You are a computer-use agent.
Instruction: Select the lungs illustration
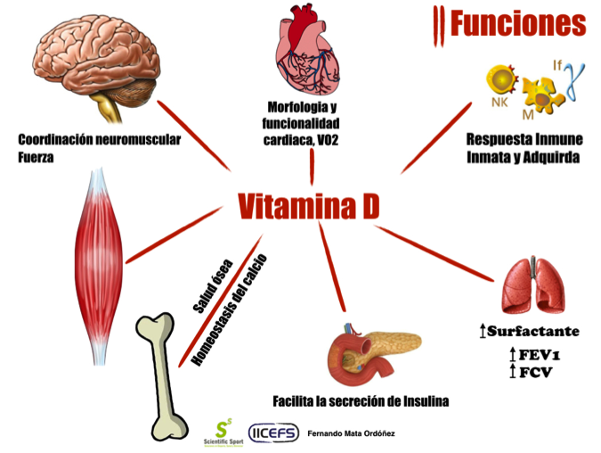pos(533,285)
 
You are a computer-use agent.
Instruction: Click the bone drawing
pos(162,376)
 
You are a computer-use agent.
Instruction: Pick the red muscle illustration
pos(99,266)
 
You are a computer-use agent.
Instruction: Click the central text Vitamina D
pos(309,206)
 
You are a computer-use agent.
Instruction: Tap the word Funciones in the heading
pos(518,23)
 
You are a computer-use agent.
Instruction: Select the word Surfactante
pos(533,331)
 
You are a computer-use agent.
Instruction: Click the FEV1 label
pos(540,355)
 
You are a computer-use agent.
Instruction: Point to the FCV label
pos(535,372)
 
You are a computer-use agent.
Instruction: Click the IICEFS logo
pos(273,433)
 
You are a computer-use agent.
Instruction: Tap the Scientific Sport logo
pos(223,433)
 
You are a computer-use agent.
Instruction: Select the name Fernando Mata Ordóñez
pos(351,433)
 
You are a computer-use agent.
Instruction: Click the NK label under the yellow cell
pos(499,103)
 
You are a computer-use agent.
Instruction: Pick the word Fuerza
pos(36,157)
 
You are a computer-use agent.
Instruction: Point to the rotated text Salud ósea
pos(213,286)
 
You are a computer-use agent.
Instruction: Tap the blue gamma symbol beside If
pos(575,81)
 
